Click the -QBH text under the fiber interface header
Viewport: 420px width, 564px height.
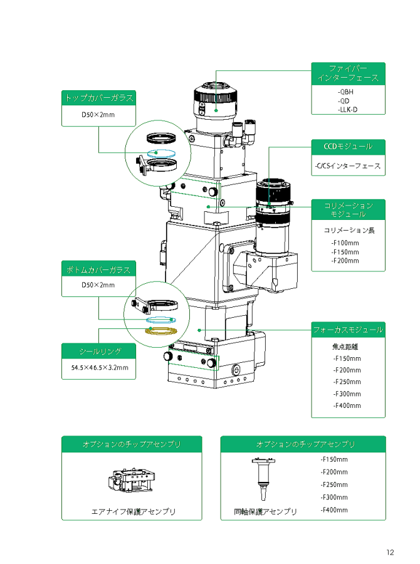pos(345,92)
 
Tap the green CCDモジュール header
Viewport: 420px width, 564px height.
pos(348,147)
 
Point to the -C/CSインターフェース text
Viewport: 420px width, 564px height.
pos(347,167)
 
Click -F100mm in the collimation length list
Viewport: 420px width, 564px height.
pos(345,243)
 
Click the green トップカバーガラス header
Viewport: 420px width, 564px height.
pos(98,98)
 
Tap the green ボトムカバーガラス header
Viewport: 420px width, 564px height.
pos(98,269)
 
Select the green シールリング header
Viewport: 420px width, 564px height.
pos(98,351)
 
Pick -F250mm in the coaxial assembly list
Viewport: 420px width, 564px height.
pos(333,484)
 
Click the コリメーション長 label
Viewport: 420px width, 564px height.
pos(349,230)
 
